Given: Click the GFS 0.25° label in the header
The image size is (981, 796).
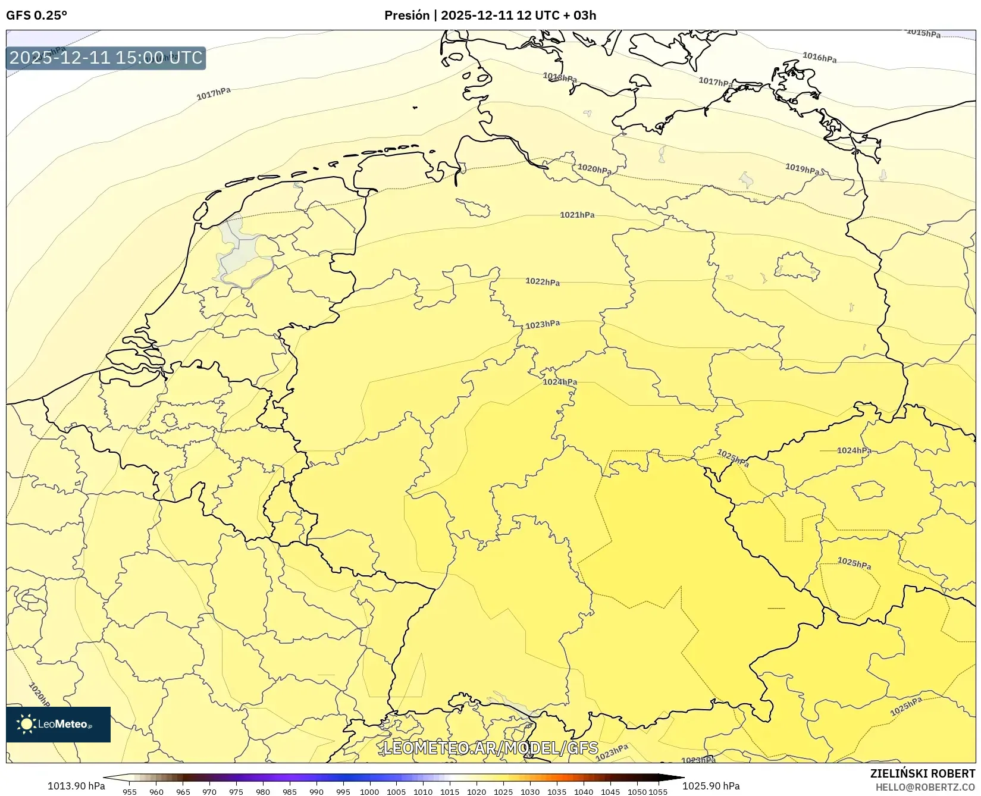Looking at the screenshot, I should point(36,15).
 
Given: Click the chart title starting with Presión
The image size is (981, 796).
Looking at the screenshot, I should point(490,15).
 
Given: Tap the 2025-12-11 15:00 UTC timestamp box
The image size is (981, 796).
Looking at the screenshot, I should point(106,58).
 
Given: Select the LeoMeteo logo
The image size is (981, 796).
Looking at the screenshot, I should point(58,724).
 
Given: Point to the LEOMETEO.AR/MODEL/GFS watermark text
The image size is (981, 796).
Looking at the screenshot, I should point(490,748).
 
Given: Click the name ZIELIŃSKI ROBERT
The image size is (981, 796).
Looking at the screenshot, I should point(923,773).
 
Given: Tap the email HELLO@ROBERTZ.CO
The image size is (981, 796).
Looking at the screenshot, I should point(925,787).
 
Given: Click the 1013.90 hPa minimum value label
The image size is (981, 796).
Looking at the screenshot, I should point(76,786).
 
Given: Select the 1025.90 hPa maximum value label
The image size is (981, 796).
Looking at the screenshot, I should point(711,786).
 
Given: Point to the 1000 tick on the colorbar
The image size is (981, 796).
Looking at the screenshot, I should point(369,792).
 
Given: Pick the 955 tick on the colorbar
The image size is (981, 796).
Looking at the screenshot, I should point(130,792).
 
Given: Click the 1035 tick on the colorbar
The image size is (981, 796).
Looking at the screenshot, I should point(557,792).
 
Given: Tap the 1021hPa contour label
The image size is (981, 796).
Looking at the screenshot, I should point(576,215).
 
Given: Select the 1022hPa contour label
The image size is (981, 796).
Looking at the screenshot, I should point(542,281).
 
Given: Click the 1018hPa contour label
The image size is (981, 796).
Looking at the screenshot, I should point(559,77).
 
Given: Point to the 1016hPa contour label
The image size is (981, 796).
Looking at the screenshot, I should point(819,57).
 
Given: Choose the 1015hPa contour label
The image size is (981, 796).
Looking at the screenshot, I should point(923,33).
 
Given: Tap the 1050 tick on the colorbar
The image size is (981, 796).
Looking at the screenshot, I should point(637,792).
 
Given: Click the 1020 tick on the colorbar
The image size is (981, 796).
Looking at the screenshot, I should point(477,792).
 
